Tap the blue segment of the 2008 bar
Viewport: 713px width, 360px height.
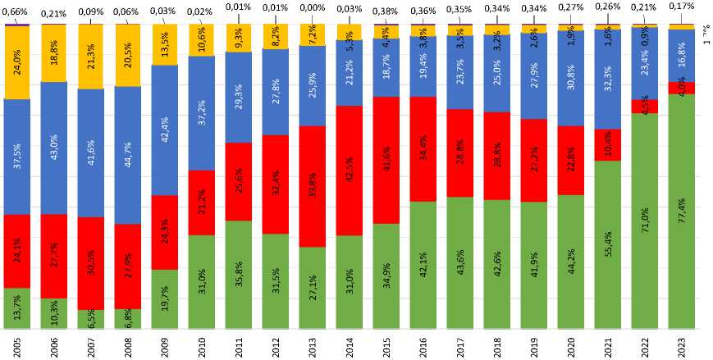click(x=128, y=155)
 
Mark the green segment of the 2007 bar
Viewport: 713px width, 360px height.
click(x=91, y=320)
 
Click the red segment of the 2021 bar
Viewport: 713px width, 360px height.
click(x=608, y=145)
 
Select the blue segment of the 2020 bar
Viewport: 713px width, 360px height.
click(x=571, y=78)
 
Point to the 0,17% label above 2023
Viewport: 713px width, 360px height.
click(x=682, y=7)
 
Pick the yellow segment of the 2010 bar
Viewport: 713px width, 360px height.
click(x=202, y=40)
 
